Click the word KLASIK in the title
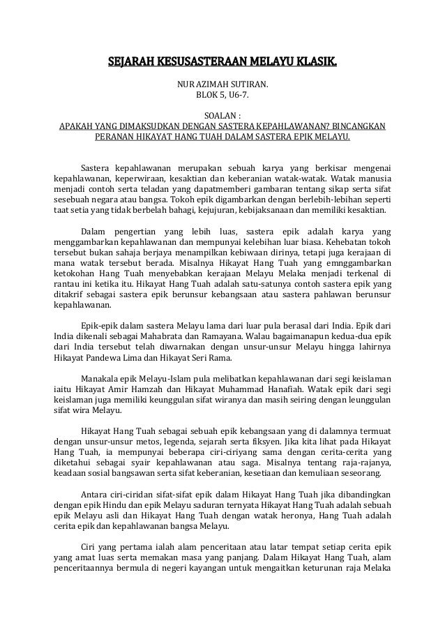[x=313, y=67]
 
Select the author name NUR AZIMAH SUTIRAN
[x=221, y=87]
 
